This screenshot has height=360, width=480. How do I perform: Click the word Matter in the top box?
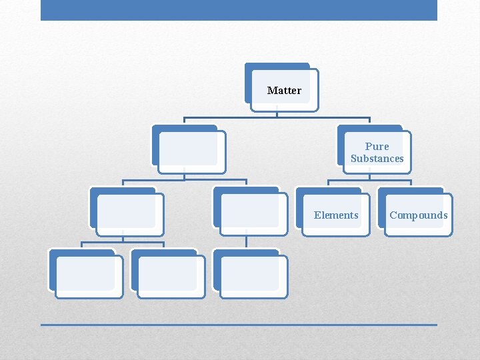click(284, 90)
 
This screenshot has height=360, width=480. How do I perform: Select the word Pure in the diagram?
click(377, 146)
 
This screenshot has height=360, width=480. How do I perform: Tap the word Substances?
click(377, 159)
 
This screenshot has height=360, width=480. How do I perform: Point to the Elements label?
click(336, 215)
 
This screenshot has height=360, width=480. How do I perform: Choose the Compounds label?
click(419, 215)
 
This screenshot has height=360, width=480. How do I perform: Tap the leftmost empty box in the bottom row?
click(87, 275)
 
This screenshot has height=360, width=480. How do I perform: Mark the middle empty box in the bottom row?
click(169, 275)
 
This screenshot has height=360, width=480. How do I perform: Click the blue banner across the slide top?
click(239, 10)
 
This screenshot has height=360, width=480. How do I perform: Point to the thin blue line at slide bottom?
click(239, 325)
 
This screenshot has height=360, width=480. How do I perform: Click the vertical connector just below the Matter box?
click(277, 113)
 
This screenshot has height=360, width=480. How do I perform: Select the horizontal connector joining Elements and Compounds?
click(369, 180)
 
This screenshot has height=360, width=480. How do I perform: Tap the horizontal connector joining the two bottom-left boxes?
click(123, 242)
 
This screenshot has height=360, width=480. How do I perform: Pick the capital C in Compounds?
click(393, 215)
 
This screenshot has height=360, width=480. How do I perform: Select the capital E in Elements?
click(317, 215)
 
